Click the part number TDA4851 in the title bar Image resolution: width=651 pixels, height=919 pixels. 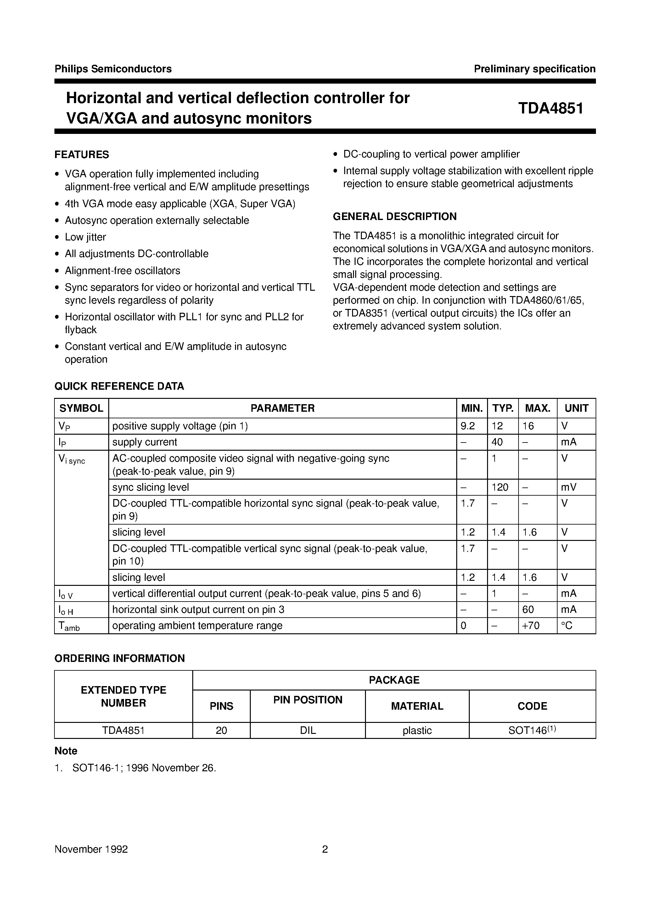click(x=550, y=108)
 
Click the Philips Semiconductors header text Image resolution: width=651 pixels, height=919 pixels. click(x=113, y=69)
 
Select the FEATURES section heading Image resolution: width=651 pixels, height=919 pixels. click(x=82, y=155)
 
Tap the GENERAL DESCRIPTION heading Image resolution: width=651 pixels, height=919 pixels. click(x=395, y=217)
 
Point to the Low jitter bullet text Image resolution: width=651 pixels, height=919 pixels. click(x=85, y=237)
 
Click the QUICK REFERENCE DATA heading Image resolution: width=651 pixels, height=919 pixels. click(x=119, y=386)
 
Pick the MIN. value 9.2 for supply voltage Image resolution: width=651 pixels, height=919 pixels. click(x=468, y=426)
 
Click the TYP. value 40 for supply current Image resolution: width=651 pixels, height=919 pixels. click(x=497, y=442)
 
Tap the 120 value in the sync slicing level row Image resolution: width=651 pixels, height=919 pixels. click(x=500, y=487)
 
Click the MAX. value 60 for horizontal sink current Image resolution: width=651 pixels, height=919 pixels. click(x=528, y=609)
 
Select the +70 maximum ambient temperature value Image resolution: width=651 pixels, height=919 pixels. click(x=531, y=625)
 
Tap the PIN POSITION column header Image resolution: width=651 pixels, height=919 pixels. click(x=307, y=700)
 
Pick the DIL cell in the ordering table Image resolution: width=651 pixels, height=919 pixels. click(x=307, y=730)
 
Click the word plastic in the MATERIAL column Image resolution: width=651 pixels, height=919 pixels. click(x=417, y=730)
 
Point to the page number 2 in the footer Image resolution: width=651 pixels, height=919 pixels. click(x=325, y=849)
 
